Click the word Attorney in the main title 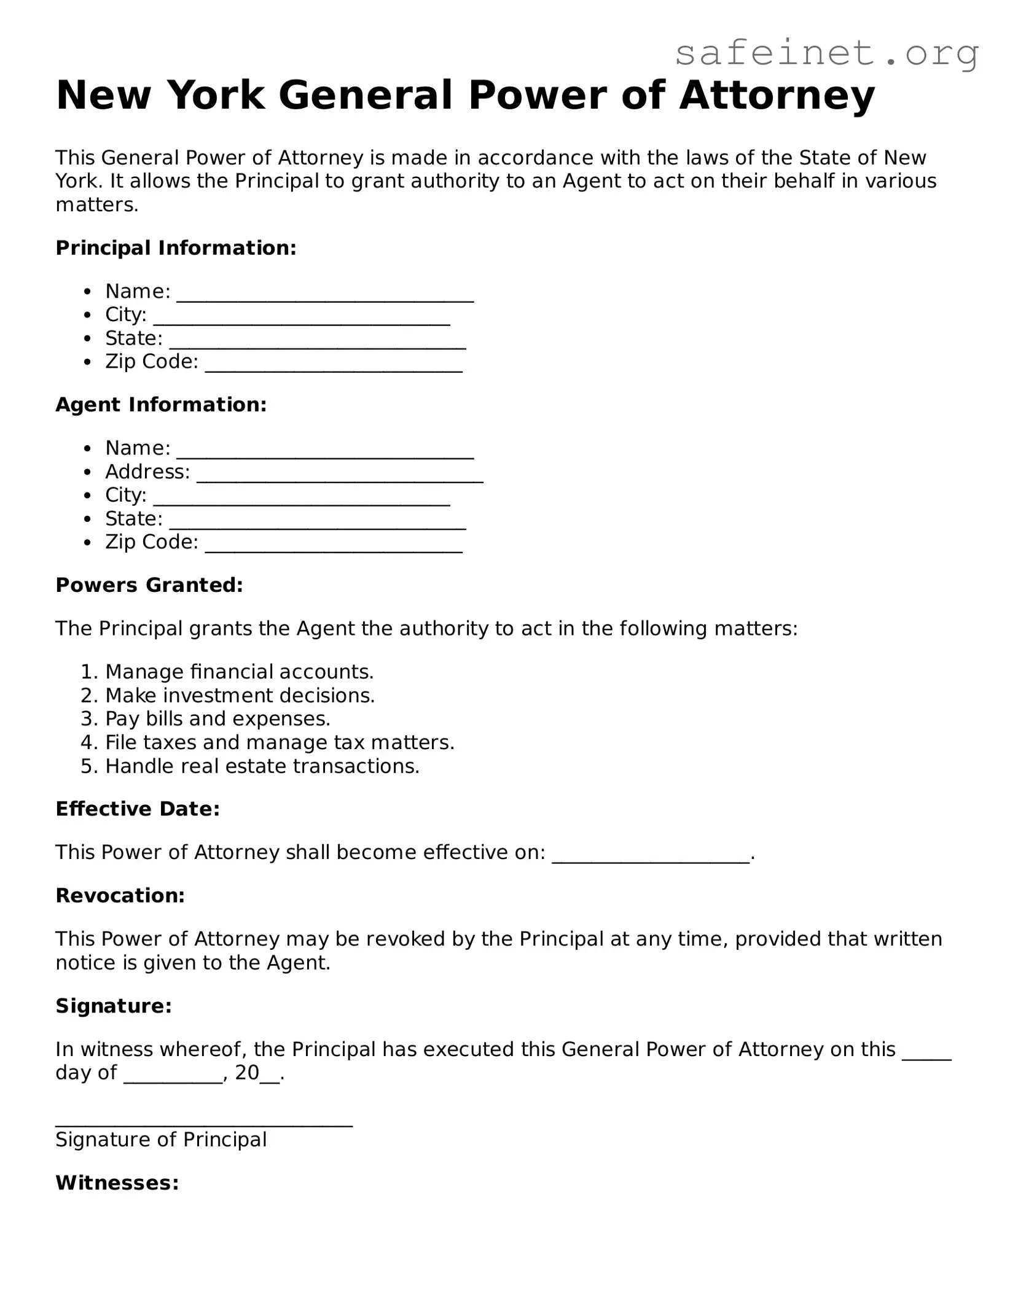(777, 95)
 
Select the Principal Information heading (176, 248)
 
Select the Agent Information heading (161, 405)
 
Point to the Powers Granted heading (149, 585)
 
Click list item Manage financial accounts (239, 672)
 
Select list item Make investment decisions (240, 696)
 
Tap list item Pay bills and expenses (217, 719)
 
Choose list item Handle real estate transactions (262, 766)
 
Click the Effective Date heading (138, 809)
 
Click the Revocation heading (120, 896)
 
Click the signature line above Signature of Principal (204, 1119)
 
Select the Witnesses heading (117, 1183)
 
